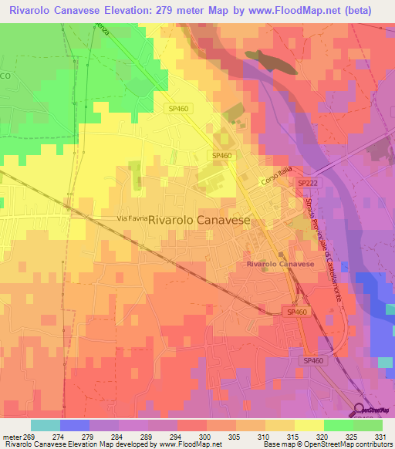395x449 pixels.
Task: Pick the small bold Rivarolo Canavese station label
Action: point(280,265)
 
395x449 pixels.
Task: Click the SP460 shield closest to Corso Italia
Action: point(222,156)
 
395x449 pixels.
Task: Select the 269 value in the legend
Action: point(29,437)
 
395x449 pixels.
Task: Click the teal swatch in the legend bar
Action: point(46,425)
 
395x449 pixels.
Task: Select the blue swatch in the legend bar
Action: point(75,425)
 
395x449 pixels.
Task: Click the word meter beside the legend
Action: point(11,437)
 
